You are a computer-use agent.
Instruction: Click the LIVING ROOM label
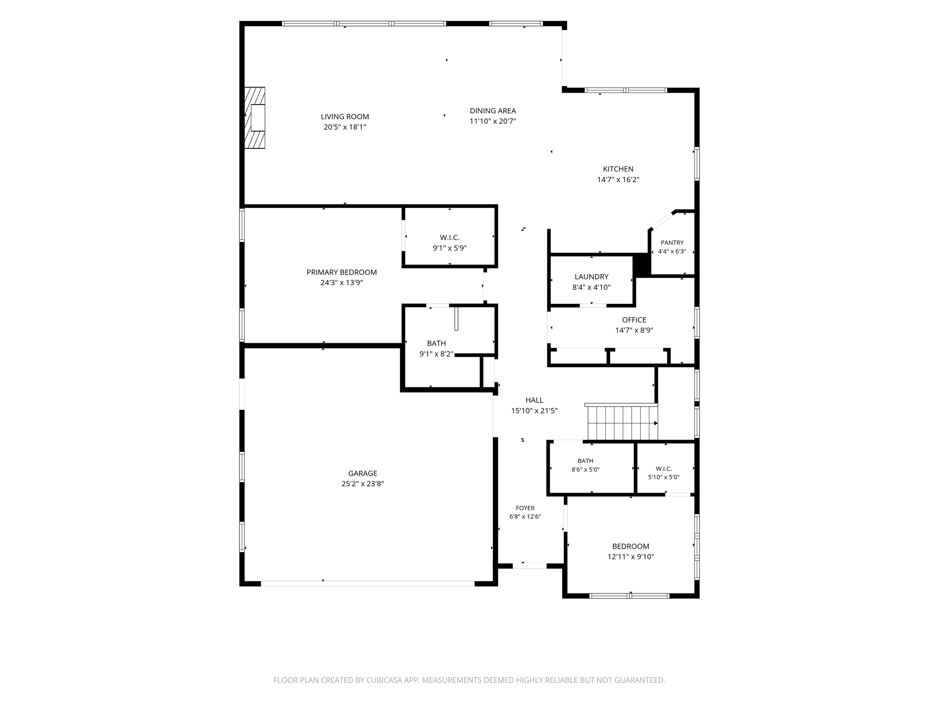point(345,117)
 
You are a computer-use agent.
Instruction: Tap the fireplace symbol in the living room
point(254,118)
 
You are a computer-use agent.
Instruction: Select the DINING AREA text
point(493,111)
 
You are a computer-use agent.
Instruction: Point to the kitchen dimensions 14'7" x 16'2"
point(618,180)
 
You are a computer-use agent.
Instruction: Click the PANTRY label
point(672,243)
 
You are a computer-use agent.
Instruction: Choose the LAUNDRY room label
point(591,277)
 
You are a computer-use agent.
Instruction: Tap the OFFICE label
point(634,320)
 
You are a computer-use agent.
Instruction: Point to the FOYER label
point(525,508)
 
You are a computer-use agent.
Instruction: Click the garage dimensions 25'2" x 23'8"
point(363,484)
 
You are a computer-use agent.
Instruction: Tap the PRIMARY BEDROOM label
point(342,272)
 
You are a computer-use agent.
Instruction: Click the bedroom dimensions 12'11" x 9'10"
point(631,557)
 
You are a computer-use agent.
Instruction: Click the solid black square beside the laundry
point(641,265)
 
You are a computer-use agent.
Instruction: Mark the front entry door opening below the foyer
point(530,566)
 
